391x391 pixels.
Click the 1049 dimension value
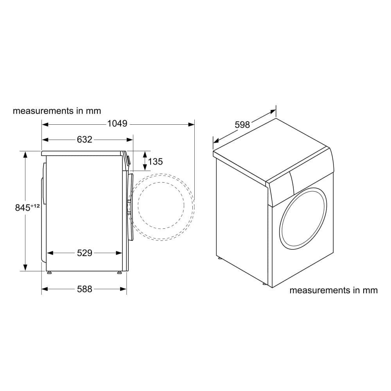[x=117, y=124]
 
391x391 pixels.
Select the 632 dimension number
[x=84, y=140]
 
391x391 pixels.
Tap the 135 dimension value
[x=155, y=161]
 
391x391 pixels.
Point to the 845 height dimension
[x=23, y=208]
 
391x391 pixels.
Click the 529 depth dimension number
[x=84, y=253]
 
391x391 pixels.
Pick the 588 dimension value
[x=84, y=289]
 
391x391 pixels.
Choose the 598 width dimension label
[x=242, y=124]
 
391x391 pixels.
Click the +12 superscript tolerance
[x=35, y=206]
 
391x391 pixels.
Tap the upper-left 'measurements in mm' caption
[x=57, y=111]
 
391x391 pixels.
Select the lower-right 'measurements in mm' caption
[x=334, y=290]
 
